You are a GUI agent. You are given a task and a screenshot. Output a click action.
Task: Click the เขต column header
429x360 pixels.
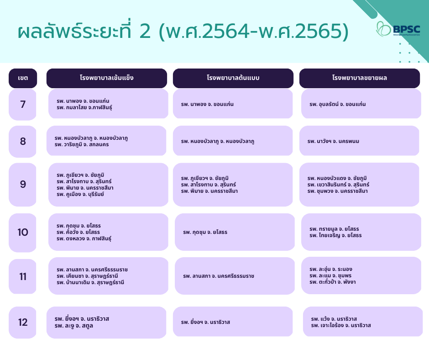[x=23, y=78]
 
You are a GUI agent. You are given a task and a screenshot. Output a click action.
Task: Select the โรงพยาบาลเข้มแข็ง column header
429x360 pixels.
[x=106, y=78]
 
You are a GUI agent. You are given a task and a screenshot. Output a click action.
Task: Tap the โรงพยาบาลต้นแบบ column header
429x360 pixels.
[x=233, y=78]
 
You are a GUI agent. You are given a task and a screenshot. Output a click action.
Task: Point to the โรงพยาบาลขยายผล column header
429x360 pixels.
[x=360, y=78]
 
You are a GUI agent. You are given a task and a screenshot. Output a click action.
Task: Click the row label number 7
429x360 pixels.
[x=23, y=104]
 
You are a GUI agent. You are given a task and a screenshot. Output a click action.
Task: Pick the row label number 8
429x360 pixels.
[x=23, y=141]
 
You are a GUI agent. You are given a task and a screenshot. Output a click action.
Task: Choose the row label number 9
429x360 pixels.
[x=23, y=184]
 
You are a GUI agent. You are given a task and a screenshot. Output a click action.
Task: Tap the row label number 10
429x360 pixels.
[x=23, y=232]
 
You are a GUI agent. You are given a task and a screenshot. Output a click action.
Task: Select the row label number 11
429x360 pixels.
[x=23, y=276]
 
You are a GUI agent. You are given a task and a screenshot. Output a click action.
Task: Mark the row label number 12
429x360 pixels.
[x=23, y=322]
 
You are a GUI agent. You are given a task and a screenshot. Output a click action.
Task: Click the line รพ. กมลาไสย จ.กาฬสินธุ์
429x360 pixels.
[x=84, y=107]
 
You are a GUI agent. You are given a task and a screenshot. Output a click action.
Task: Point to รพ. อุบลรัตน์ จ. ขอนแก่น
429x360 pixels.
[x=337, y=104]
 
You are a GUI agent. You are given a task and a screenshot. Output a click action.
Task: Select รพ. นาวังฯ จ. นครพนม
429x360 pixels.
[x=333, y=141]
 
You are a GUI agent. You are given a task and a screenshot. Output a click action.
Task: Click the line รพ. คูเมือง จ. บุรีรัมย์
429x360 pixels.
[x=85, y=194]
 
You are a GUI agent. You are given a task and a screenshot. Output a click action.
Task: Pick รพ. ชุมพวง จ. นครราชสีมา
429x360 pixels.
[x=338, y=191]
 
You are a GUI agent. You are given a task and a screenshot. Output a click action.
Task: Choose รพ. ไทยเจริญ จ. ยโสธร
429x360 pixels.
[x=335, y=235]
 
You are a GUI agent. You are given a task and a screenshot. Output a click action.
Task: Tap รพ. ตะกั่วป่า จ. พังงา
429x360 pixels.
[x=333, y=282]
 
